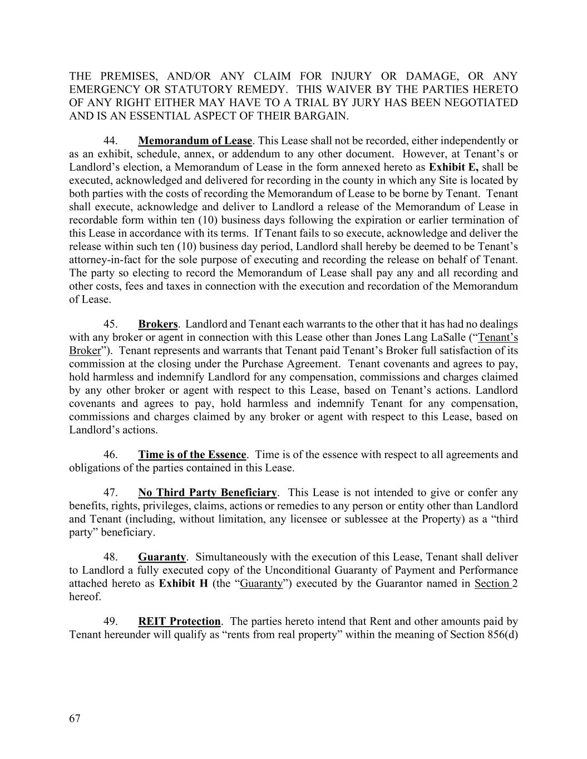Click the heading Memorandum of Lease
pyautogui.click(x=195, y=140)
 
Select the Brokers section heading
pyautogui.click(x=157, y=324)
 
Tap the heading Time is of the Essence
pyautogui.click(x=192, y=454)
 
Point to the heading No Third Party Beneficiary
pyautogui.click(x=207, y=492)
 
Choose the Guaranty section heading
pyautogui.click(x=161, y=557)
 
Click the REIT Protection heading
pyautogui.click(x=179, y=621)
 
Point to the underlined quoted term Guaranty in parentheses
pyautogui.click(x=262, y=583)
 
